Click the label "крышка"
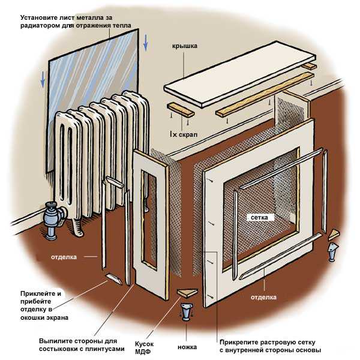[x=187, y=46]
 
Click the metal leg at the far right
[x=332, y=251]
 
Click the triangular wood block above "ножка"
[x=188, y=293]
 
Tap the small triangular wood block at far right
[x=334, y=233]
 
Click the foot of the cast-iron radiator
[x=77, y=227]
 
